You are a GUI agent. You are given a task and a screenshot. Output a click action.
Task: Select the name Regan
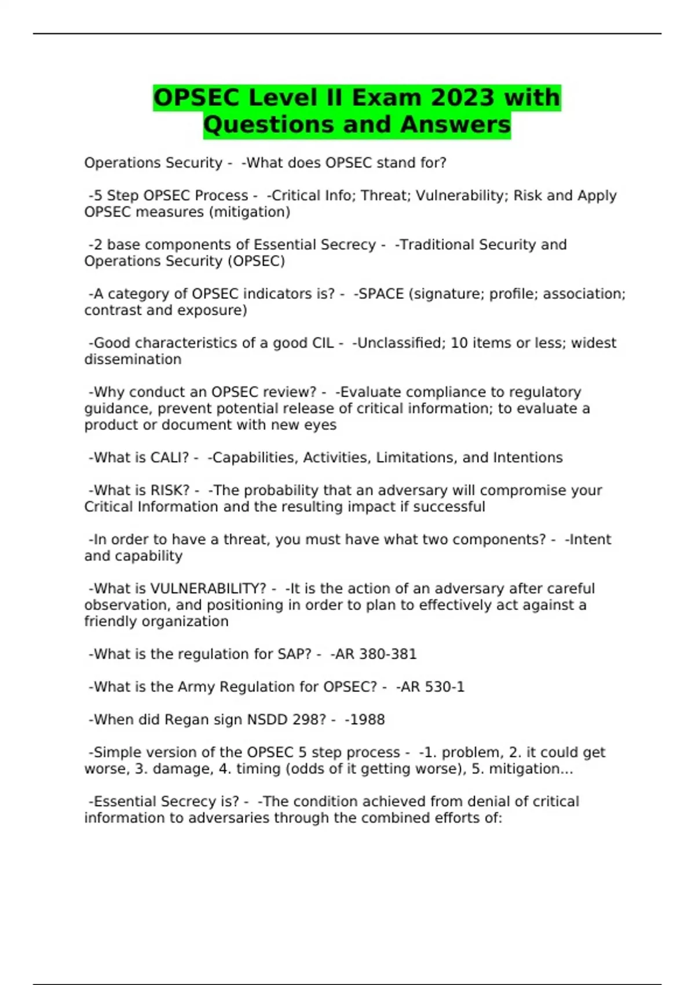[186, 720]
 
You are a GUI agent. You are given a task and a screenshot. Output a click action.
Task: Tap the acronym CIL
[323, 343]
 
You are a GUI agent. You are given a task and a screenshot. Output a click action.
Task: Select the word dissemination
[133, 359]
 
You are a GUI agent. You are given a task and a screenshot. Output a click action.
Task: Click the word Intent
[590, 539]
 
